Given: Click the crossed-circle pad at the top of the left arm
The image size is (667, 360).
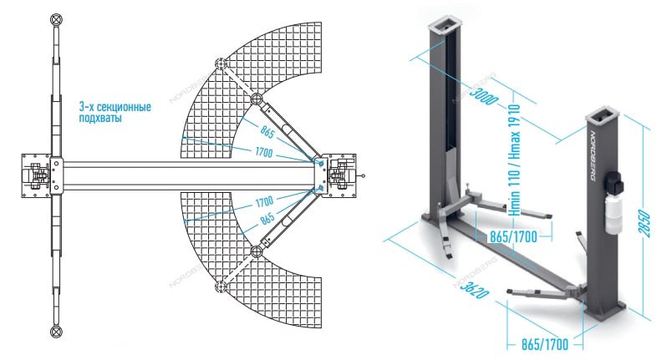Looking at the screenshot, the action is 56,19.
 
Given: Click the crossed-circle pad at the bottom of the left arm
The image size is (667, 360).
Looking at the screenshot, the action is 56,331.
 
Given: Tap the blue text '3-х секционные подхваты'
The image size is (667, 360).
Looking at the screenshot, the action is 115,112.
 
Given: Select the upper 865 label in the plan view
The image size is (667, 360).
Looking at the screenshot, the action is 267,133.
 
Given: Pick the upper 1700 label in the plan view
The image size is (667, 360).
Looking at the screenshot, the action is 264,152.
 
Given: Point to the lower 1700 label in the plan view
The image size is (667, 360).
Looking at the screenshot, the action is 264,201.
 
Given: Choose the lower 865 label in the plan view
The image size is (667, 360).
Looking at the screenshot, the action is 267,219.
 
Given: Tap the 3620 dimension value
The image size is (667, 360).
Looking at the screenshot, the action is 471,286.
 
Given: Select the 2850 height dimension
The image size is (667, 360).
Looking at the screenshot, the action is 644,224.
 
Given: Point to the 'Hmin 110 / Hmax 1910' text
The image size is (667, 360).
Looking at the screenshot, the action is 514,160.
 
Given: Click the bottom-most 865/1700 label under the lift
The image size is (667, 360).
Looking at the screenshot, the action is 544,344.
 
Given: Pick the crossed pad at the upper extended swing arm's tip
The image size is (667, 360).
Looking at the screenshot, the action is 221,63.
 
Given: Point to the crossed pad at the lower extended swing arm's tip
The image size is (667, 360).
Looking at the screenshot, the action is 221,287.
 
